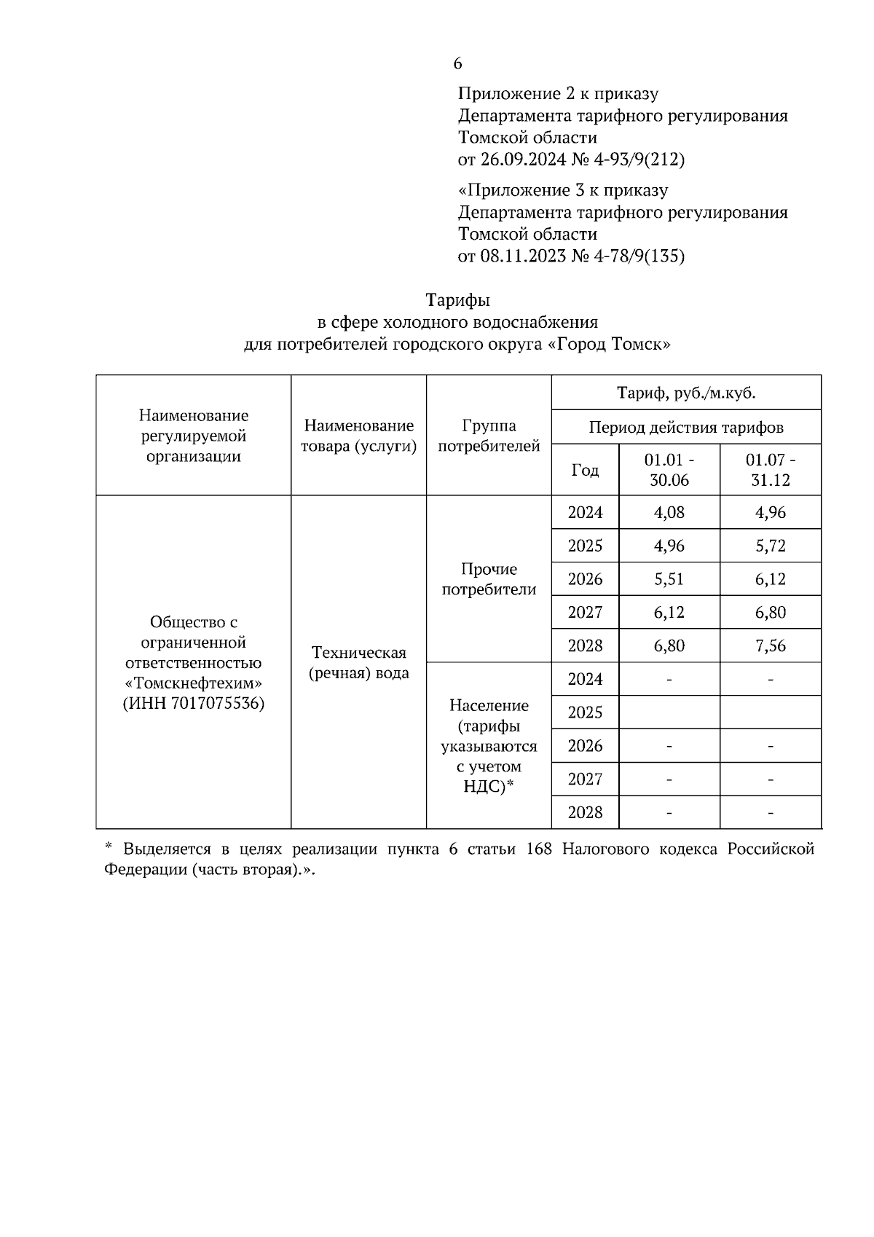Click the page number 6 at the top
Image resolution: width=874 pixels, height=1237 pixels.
[457, 64]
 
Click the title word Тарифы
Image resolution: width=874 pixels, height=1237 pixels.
[457, 300]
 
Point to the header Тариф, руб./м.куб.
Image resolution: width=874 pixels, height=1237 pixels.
[686, 394]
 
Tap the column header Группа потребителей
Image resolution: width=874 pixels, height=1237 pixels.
[489, 436]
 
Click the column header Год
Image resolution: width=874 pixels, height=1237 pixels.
[585, 471]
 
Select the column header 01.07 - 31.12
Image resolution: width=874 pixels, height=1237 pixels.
[771, 471]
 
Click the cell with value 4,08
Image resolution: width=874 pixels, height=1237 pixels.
[669, 513]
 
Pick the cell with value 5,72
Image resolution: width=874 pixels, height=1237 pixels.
[771, 546]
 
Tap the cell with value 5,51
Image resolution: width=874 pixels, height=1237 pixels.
[669, 580]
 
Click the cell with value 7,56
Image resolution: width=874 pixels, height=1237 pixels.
[771, 646]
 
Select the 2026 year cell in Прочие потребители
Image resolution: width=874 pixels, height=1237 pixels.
[585, 580]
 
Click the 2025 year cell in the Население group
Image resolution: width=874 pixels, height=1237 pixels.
[585, 713]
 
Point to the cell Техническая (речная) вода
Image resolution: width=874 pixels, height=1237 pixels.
[358, 663]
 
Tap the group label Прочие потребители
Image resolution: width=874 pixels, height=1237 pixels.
[489, 580]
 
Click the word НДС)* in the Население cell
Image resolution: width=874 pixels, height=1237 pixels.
[489, 787]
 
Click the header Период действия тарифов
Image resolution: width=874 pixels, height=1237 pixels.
[686, 428]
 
